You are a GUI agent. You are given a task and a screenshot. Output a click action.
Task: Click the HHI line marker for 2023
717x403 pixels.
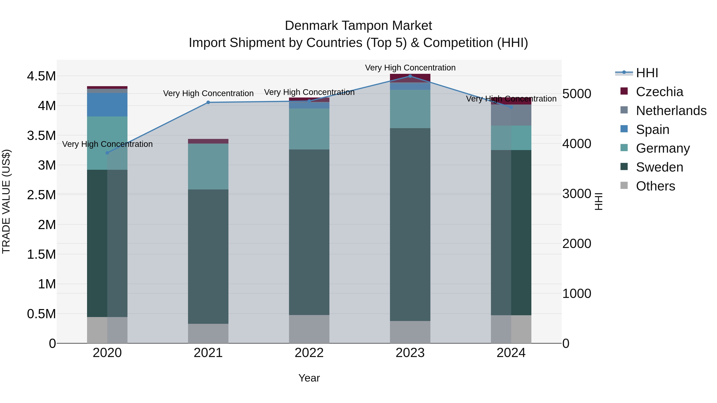tap(410, 76)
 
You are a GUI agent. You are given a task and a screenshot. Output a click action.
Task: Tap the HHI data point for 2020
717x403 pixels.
tap(107, 153)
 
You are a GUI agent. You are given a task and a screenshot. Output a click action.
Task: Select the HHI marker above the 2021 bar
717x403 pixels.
tap(208, 102)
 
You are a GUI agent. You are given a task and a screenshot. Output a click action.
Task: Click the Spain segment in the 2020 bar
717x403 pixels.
tap(107, 104)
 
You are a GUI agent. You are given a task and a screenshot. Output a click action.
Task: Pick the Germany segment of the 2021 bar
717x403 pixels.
tap(208, 166)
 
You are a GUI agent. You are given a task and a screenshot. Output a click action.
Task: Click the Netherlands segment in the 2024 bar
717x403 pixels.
tap(511, 115)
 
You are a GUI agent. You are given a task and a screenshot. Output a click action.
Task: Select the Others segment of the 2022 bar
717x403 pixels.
tap(309, 329)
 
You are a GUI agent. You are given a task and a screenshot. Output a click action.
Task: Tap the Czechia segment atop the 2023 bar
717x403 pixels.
tap(410, 78)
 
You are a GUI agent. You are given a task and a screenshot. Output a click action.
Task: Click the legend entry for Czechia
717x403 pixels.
tap(659, 92)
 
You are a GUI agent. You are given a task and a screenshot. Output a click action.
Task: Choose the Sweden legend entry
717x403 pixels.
tap(659, 167)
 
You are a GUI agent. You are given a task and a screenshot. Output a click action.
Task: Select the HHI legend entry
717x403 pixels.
tap(647, 73)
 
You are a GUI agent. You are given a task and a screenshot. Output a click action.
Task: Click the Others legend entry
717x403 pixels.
tap(655, 186)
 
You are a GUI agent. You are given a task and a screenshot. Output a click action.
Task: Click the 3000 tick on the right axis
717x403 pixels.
tap(576, 194)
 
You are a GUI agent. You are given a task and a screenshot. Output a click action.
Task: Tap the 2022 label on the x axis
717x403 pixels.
tap(309, 353)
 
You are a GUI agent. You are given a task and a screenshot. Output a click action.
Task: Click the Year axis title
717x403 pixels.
tap(309, 378)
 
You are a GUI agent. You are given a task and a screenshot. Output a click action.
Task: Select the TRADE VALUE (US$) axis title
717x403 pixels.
tap(6, 201)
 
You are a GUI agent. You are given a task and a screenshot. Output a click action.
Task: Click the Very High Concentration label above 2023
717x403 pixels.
tap(410, 68)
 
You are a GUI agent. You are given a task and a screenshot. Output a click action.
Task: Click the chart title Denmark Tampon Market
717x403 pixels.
tap(358, 26)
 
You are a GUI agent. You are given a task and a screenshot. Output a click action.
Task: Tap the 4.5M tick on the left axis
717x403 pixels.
tap(41, 76)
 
